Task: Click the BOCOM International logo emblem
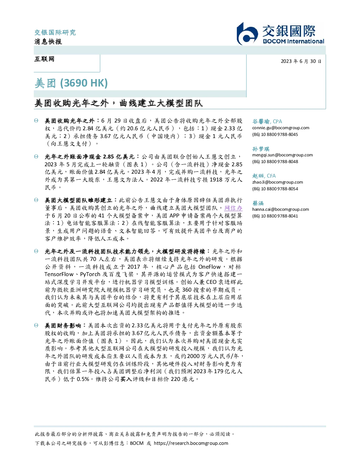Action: (247, 34)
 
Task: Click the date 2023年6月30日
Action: (301, 61)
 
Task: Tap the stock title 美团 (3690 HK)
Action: (71, 83)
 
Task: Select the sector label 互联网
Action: (44, 59)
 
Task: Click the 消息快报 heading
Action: (48, 41)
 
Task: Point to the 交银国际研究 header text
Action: (55, 32)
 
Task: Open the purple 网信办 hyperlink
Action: (233, 208)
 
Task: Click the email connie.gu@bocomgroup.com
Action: (281, 128)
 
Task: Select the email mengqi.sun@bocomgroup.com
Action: (282, 155)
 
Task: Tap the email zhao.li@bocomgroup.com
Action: (277, 182)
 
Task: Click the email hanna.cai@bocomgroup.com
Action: (281, 209)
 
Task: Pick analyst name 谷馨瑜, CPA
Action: (267, 121)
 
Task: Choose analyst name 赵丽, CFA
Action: (264, 176)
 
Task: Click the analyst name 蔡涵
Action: (258, 203)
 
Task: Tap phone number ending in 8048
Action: (275, 161)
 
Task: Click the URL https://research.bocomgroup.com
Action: (191, 443)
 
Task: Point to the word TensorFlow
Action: (59, 274)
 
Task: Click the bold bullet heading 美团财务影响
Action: (63, 325)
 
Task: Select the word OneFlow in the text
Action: (209, 267)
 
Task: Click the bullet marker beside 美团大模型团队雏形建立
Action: (36, 200)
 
